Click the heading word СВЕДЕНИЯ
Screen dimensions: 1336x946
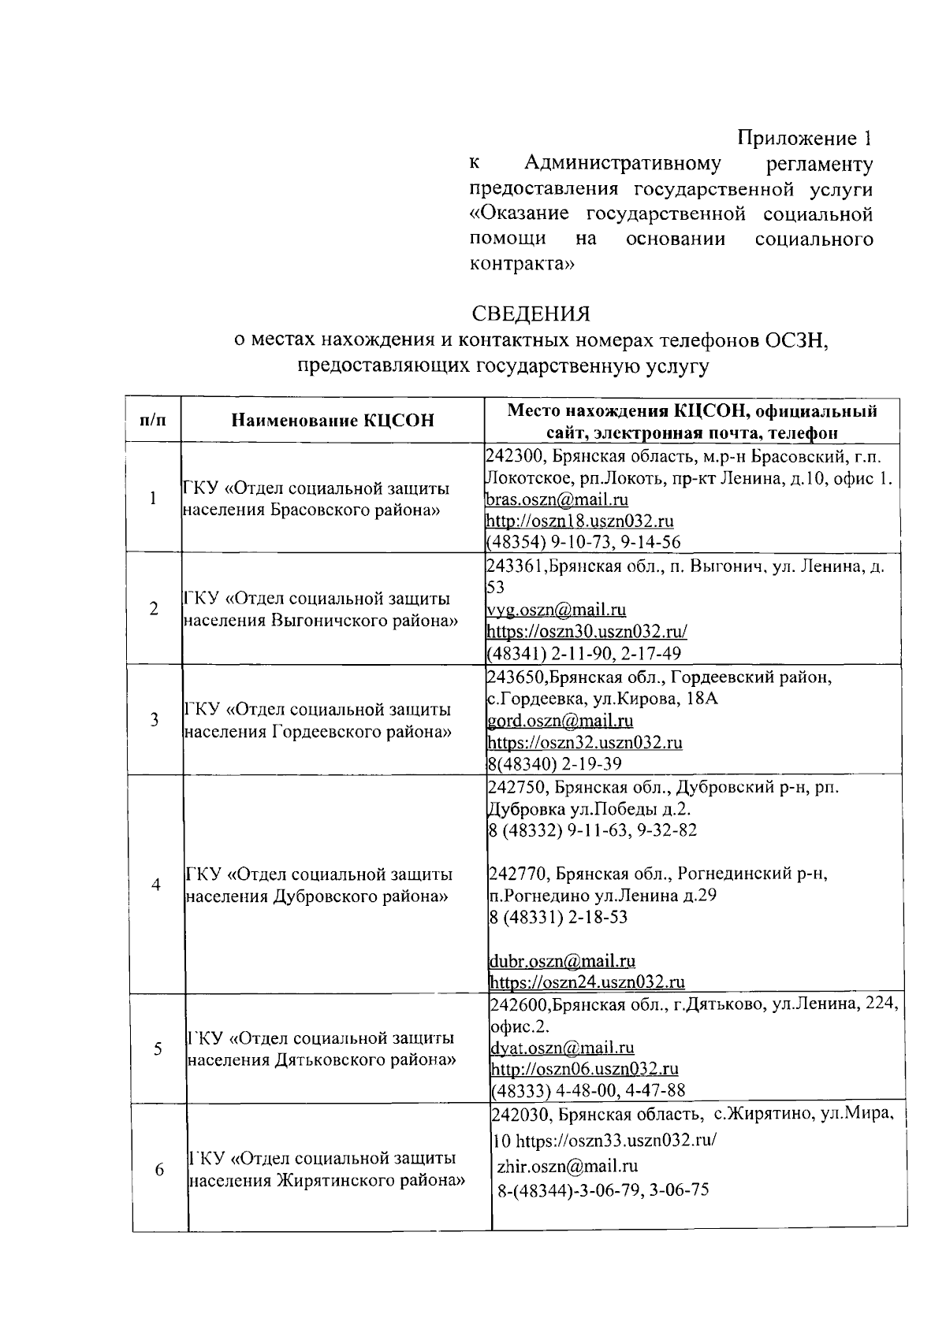531,314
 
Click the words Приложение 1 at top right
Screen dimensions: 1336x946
805,139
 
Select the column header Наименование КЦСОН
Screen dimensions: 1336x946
332,420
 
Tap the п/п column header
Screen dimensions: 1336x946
153,420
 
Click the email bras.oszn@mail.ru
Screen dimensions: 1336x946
557,499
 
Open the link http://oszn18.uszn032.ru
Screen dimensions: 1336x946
579,521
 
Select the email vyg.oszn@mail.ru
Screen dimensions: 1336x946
557,610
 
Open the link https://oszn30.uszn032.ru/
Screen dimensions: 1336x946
587,632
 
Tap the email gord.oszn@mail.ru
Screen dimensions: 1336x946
561,721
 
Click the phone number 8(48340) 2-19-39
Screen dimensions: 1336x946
555,763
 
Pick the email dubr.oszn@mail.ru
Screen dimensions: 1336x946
562,961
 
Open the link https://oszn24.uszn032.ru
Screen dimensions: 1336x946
587,982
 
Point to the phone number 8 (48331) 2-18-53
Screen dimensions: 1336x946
558,917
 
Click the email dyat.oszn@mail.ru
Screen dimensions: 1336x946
562,1048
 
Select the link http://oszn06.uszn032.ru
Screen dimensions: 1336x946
584,1069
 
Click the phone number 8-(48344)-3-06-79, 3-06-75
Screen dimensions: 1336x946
603,1189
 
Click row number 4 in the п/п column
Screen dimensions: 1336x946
156,884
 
